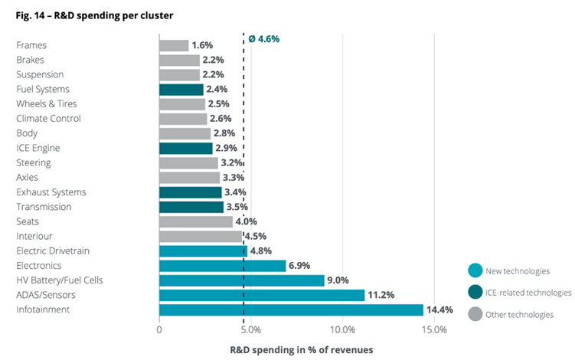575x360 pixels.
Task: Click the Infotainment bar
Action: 291,309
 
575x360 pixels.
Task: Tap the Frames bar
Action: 174,45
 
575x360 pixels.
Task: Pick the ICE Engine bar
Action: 186,148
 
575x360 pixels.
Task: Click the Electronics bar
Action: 222,266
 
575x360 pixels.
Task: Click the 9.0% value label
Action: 341,280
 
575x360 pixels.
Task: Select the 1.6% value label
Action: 203,45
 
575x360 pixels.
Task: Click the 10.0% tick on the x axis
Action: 342,329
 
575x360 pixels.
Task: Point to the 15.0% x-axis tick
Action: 434,329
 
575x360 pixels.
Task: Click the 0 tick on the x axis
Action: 159,329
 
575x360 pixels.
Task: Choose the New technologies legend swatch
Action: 474,270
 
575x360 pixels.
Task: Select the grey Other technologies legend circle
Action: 474,315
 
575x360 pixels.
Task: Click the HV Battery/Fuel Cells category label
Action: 60,280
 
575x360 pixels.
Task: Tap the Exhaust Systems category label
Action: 51,192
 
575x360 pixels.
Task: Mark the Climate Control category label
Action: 48,119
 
